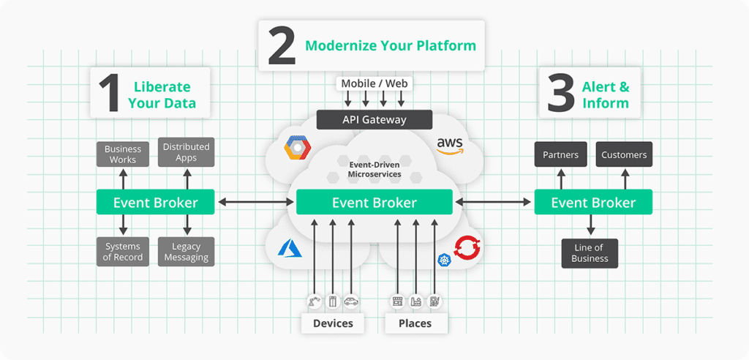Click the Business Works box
click(x=123, y=154)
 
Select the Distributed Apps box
click(x=186, y=152)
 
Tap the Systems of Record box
click(x=123, y=252)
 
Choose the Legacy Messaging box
click(x=186, y=252)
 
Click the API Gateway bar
click(x=374, y=120)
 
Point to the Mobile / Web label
click(x=374, y=83)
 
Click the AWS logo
click(x=450, y=145)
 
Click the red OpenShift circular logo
click(x=467, y=249)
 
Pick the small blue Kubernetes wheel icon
click(x=444, y=260)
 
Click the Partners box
click(x=561, y=155)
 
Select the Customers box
click(x=624, y=155)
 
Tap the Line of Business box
click(x=590, y=253)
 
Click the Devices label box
click(x=333, y=323)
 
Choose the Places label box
click(x=415, y=323)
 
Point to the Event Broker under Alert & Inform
click(x=593, y=203)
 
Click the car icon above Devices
click(x=351, y=301)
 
